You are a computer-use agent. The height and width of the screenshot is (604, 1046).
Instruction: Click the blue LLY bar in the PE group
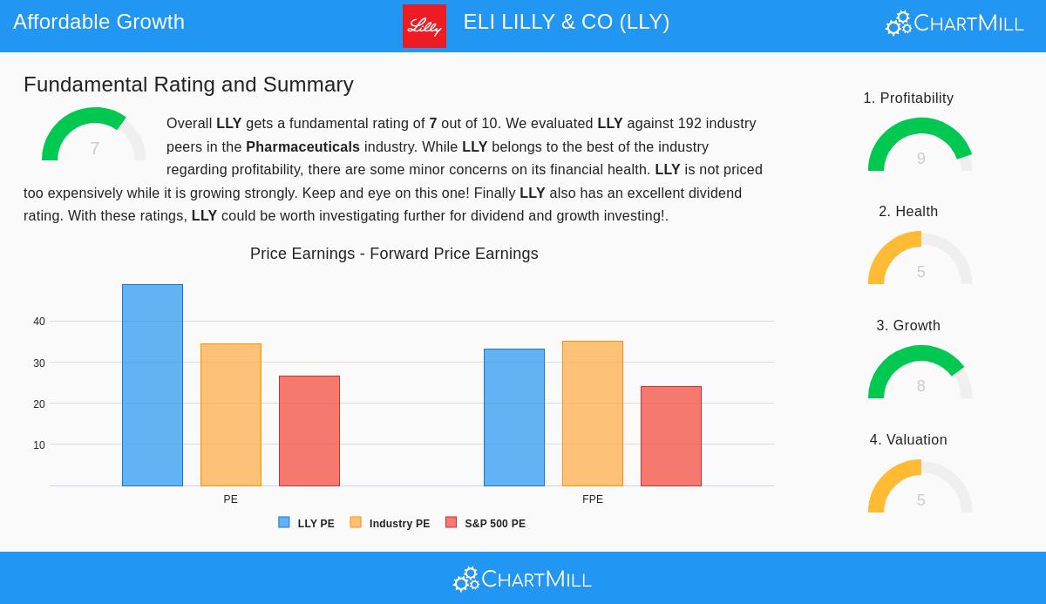tap(153, 385)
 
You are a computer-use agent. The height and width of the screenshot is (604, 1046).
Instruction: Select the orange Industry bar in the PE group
tap(231, 415)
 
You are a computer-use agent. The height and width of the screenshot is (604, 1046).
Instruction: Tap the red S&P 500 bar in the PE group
tap(309, 431)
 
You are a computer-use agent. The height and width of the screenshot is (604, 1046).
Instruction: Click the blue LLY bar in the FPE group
tap(514, 417)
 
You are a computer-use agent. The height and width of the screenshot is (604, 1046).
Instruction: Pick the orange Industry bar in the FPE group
tap(593, 413)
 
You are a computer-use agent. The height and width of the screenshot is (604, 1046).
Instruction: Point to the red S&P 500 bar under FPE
tap(671, 436)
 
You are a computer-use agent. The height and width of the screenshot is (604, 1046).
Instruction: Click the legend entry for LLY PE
tap(307, 523)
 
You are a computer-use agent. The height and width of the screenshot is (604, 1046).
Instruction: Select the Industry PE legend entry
tap(391, 523)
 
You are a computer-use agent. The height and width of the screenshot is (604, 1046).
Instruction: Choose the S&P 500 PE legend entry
tap(486, 523)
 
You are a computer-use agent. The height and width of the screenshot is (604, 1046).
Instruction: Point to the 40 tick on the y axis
tap(39, 322)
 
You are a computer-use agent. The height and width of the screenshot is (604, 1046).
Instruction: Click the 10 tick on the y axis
tap(39, 445)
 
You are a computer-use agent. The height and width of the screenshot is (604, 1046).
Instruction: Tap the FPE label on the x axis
tap(593, 499)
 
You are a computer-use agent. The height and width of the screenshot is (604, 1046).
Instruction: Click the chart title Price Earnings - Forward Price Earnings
tap(394, 254)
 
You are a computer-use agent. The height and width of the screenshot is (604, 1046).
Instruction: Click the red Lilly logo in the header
tap(425, 26)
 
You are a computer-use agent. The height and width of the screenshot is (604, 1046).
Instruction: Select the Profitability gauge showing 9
tap(920, 146)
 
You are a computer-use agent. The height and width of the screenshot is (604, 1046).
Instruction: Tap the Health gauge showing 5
tap(920, 259)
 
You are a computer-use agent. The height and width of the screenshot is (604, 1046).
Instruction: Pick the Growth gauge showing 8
tap(920, 373)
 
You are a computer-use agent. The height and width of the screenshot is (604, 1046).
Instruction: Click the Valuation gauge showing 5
tap(920, 487)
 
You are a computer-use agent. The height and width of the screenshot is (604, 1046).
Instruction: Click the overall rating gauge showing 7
tap(94, 137)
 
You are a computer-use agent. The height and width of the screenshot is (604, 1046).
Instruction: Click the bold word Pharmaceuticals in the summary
tap(302, 146)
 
